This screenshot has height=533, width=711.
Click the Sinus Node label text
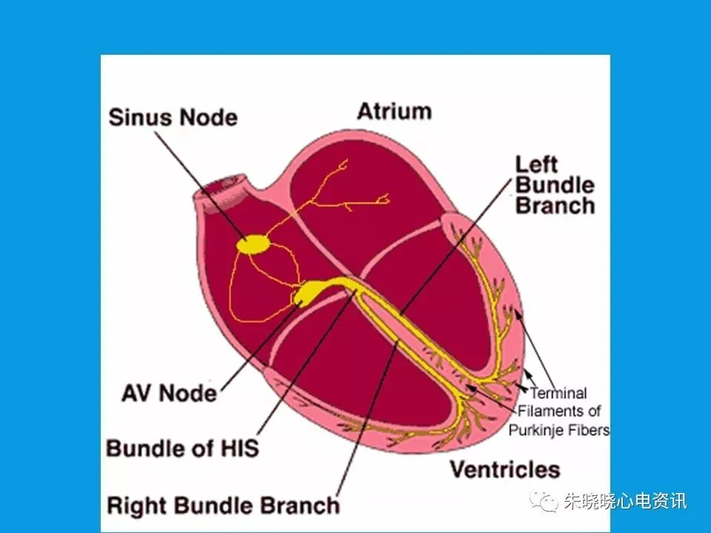click(x=173, y=118)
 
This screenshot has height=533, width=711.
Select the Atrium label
click(x=394, y=111)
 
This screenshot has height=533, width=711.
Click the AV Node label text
click(x=169, y=392)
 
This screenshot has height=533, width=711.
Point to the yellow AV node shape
click(x=308, y=292)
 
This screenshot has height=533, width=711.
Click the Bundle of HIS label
click(x=182, y=448)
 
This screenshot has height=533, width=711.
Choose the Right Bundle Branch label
click(x=223, y=505)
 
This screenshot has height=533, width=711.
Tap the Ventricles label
click(x=505, y=469)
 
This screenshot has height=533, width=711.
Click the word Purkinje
click(x=534, y=429)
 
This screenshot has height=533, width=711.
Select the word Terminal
click(x=558, y=393)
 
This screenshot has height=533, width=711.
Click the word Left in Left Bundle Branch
click(x=536, y=164)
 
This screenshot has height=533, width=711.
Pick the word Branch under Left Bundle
click(x=555, y=205)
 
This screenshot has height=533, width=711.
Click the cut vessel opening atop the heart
click(x=221, y=192)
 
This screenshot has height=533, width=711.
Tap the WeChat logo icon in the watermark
click(x=544, y=501)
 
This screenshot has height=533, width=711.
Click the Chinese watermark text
click(x=626, y=501)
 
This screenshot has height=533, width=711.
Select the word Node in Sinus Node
click(x=209, y=118)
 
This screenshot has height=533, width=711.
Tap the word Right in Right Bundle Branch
click(x=137, y=505)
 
